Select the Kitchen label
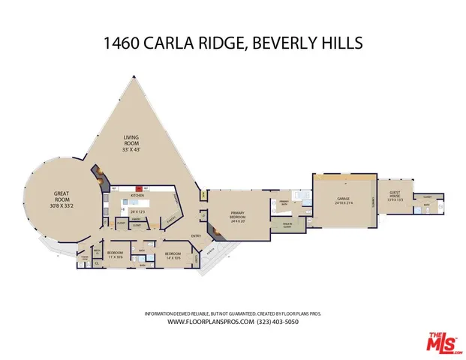click(x=137, y=195)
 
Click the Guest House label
click(x=393, y=196)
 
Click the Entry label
click(x=196, y=236)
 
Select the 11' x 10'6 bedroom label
click(x=115, y=255)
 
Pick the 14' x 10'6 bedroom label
click(x=172, y=255)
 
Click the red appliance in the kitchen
click(x=138, y=188)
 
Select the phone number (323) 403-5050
click(x=279, y=322)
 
